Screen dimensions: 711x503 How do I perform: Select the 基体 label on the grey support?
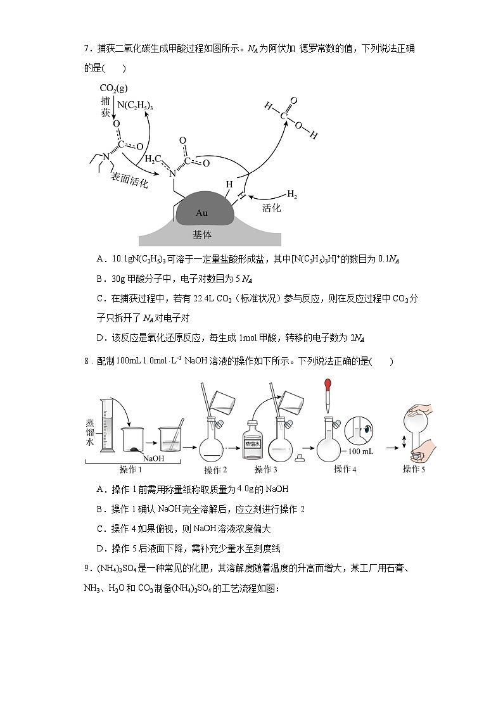pos(201,234)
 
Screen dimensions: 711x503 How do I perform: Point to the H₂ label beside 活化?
pos(291,193)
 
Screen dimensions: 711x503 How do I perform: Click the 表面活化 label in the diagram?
pos(129,179)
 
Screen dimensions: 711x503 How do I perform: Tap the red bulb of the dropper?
pos(328,384)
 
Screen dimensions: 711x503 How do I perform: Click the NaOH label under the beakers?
pos(154,458)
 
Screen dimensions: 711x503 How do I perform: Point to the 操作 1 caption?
pos(131,469)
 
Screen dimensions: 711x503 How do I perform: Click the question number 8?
pos(86,362)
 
